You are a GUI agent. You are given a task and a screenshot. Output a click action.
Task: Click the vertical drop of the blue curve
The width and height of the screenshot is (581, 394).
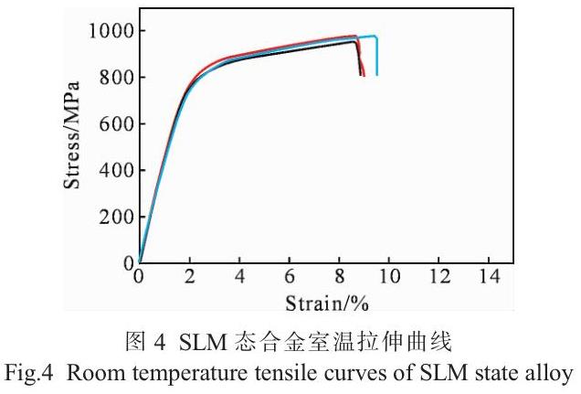[x=376, y=56]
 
